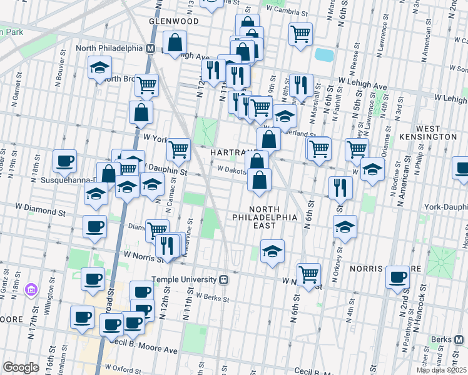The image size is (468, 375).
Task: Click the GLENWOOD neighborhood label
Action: click(173, 21)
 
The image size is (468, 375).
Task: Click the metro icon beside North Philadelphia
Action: click(151, 48)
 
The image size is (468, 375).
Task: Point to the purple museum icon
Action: click(31, 290)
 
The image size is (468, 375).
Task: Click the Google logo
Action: click(21, 367)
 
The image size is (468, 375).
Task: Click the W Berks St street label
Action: click(209, 297)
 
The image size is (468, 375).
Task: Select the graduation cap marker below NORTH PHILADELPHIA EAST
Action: click(272, 251)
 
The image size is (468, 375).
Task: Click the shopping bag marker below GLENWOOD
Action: click(175, 43)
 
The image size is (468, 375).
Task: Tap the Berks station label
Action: click(449, 340)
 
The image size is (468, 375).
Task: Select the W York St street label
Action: click(157, 137)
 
